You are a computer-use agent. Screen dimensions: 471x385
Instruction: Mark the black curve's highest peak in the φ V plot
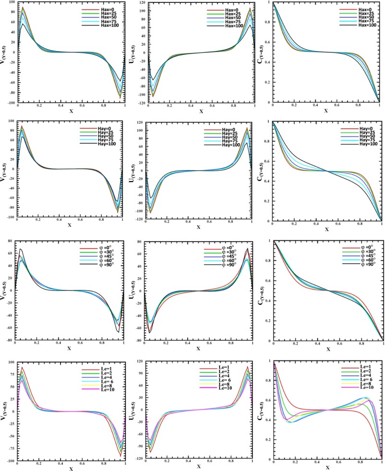coord(21,249)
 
